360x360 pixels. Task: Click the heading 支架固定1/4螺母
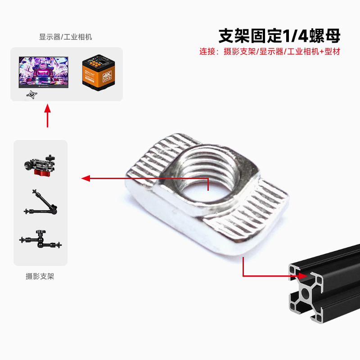point(279,35)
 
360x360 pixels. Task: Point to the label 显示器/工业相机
point(66,37)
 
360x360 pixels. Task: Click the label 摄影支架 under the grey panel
point(40,276)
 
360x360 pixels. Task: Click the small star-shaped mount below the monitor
point(31,94)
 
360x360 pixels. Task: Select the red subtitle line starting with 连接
point(270,51)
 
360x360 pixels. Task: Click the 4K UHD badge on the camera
point(107,75)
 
